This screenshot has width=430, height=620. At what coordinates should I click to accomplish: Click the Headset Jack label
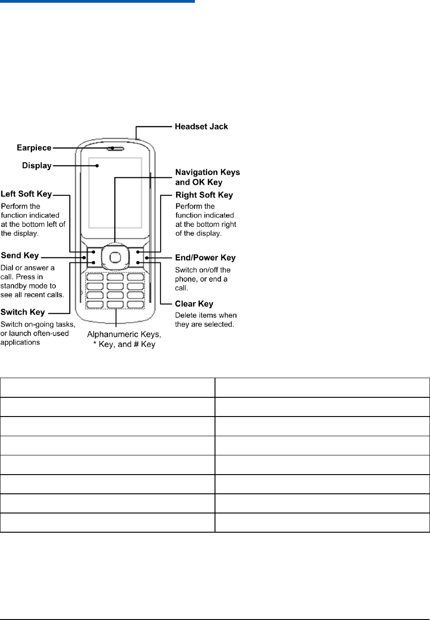(x=201, y=127)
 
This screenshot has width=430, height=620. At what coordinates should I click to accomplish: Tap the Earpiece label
(x=34, y=148)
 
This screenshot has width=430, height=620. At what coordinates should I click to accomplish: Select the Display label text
(x=37, y=166)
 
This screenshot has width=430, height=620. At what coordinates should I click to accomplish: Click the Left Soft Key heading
(x=26, y=194)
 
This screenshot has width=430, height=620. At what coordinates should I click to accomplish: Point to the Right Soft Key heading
(x=204, y=195)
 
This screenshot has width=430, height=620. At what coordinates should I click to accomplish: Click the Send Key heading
(x=20, y=256)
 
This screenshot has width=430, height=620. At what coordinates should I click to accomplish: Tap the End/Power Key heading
(x=205, y=258)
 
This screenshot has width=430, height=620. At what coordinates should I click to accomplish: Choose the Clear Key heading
(x=194, y=304)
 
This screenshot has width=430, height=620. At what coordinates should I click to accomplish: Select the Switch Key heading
(x=22, y=312)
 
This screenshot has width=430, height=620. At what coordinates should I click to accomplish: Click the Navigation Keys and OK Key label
(x=207, y=177)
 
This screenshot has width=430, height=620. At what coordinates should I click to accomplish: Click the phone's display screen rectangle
(x=115, y=192)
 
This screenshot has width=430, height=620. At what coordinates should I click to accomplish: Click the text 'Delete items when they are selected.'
(x=205, y=320)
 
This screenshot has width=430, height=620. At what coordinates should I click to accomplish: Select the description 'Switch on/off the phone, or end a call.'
(x=202, y=279)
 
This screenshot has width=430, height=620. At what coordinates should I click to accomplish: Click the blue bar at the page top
(x=97, y=1)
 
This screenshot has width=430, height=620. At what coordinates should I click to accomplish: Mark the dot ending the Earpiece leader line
(x=112, y=148)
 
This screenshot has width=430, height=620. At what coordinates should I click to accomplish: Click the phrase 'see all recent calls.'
(x=32, y=295)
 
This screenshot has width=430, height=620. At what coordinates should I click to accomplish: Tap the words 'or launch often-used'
(x=34, y=333)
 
